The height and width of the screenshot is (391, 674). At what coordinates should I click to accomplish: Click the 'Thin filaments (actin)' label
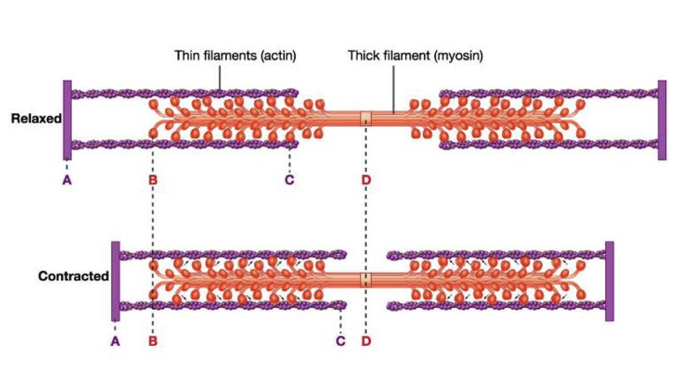pyautogui.click(x=235, y=56)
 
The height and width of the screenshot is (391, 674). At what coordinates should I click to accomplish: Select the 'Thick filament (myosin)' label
pyautogui.click(x=415, y=56)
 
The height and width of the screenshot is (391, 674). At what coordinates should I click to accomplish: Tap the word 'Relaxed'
pyautogui.click(x=36, y=118)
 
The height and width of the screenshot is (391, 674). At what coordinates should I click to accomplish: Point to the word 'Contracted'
pyautogui.click(x=73, y=277)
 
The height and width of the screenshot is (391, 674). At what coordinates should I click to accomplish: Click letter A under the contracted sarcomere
pyautogui.click(x=115, y=341)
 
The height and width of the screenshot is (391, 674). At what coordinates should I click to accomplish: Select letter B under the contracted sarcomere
pyautogui.click(x=153, y=341)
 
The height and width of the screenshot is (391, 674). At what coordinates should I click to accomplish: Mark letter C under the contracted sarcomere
pyautogui.click(x=341, y=341)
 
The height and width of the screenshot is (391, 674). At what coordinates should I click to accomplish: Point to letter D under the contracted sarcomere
pyautogui.click(x=366, y=341)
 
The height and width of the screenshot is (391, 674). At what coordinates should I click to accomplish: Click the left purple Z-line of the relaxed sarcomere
pyautogui.click(x=67, y=120)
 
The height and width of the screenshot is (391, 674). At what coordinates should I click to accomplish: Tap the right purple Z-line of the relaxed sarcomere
pyautogui.click(x=661, y=120)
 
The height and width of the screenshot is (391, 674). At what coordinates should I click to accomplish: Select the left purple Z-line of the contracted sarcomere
pyautogui.click(x=115, y=281)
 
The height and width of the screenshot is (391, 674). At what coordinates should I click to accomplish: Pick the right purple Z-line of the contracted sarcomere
pyautogui.click(x=610, y=281)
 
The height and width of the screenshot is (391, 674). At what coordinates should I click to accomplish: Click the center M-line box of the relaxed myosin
pyautogui.click(x=366, y=118)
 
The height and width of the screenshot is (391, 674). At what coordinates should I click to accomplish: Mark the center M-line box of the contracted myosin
pyautogui.click(x=366, y=279)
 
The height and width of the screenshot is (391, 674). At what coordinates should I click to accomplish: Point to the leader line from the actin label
pyautogui.click(x=220, y=77)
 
